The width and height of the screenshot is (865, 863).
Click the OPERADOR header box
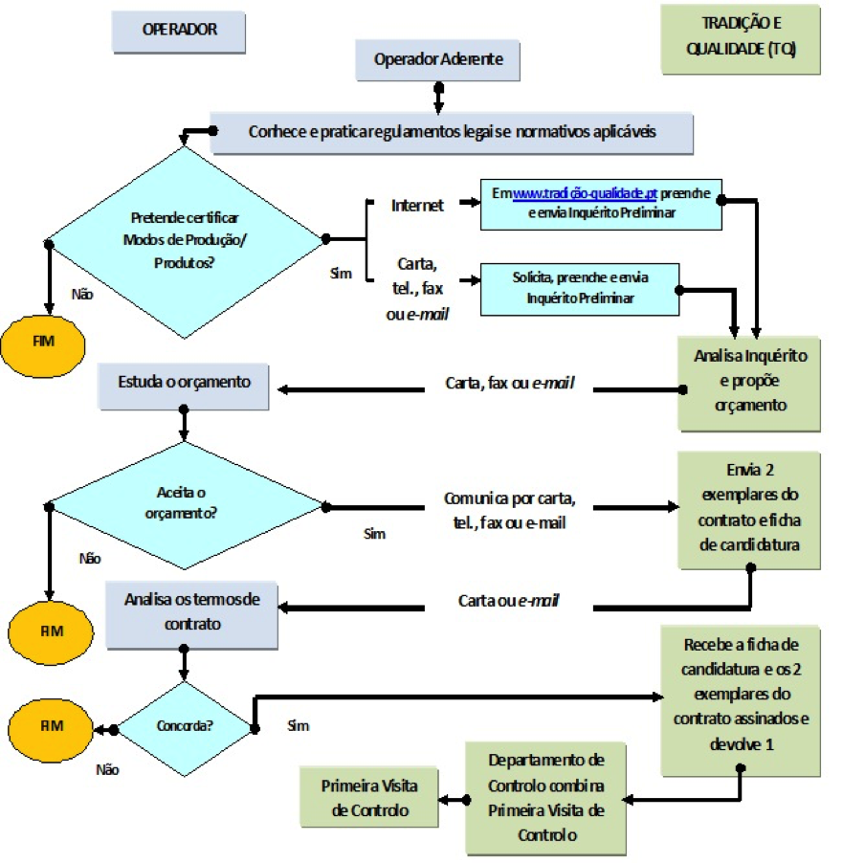(179, 31)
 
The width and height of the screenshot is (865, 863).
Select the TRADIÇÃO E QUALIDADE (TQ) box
(741, 39)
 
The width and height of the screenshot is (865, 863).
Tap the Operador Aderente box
(437, 60)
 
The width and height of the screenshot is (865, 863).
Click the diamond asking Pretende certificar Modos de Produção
(186, 238)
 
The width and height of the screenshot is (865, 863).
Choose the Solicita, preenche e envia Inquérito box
(580, 288)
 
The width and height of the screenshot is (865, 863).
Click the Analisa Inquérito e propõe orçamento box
(749, 381)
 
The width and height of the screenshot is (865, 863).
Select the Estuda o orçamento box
(185, 383)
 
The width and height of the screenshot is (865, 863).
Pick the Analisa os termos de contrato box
(191, 611)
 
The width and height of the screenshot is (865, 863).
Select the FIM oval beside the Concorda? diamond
(51, 725)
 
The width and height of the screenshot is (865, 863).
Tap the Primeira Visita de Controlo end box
(370, 797)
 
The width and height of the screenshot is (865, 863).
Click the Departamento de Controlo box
(546, 797)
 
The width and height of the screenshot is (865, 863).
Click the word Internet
(417, 206)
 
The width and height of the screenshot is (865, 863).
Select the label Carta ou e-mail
(508, 601)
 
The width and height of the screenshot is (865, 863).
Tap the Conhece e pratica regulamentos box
(452, 132)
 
